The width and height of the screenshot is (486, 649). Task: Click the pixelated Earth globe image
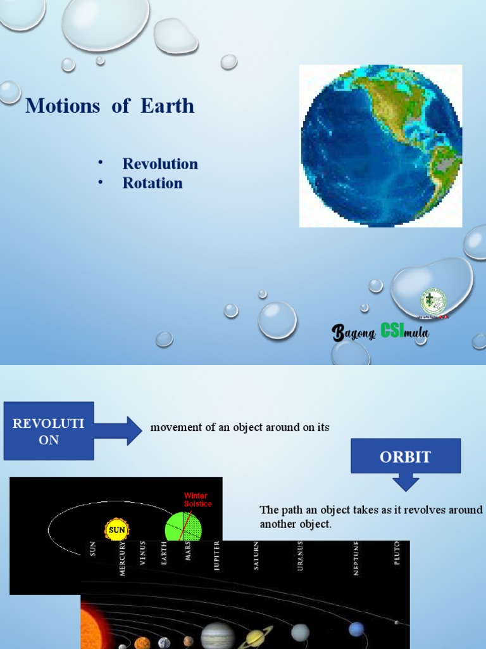(381, 145)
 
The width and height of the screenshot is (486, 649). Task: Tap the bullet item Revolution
(160, 164)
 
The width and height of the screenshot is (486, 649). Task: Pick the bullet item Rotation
(153, 183)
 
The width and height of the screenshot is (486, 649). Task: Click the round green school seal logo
(433, 301)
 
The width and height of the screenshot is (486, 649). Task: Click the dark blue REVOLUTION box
(49, 431)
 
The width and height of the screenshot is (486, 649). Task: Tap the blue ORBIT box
(406, 456)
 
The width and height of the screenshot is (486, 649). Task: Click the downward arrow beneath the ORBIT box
(406, 483)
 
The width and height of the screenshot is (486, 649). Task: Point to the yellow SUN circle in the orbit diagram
(116, 529)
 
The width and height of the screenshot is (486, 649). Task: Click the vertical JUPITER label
(217, 556)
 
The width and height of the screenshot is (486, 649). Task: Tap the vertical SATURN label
(256, 555)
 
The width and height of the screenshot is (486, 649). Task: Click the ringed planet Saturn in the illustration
(256, 638)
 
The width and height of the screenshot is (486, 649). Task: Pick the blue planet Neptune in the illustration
(356, 629)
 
